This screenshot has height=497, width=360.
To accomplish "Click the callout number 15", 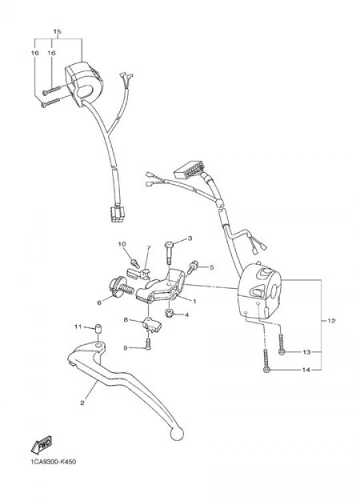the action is [57, 31].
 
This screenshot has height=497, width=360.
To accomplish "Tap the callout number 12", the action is [331, 321].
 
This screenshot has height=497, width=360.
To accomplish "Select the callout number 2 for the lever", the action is [82, 403].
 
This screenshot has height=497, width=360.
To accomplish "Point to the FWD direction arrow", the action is [41, 445].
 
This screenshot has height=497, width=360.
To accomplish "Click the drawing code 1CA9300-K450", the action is [53, 462].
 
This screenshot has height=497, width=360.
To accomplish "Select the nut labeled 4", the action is [170, 314].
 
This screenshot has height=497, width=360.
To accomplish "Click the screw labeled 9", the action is [148, 344].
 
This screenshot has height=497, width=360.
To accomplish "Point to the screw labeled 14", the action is [266, 361].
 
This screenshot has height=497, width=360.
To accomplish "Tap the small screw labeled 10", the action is [135, 263].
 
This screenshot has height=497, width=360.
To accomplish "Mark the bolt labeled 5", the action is [192, 267].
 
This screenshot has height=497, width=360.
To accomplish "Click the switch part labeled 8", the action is [151, 324].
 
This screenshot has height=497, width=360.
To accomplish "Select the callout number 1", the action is [195, 302].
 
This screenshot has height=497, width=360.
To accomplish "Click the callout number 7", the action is [149, 248].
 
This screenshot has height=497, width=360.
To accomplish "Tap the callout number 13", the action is [307, 352].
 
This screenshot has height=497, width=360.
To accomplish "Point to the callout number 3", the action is [190, 238].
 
